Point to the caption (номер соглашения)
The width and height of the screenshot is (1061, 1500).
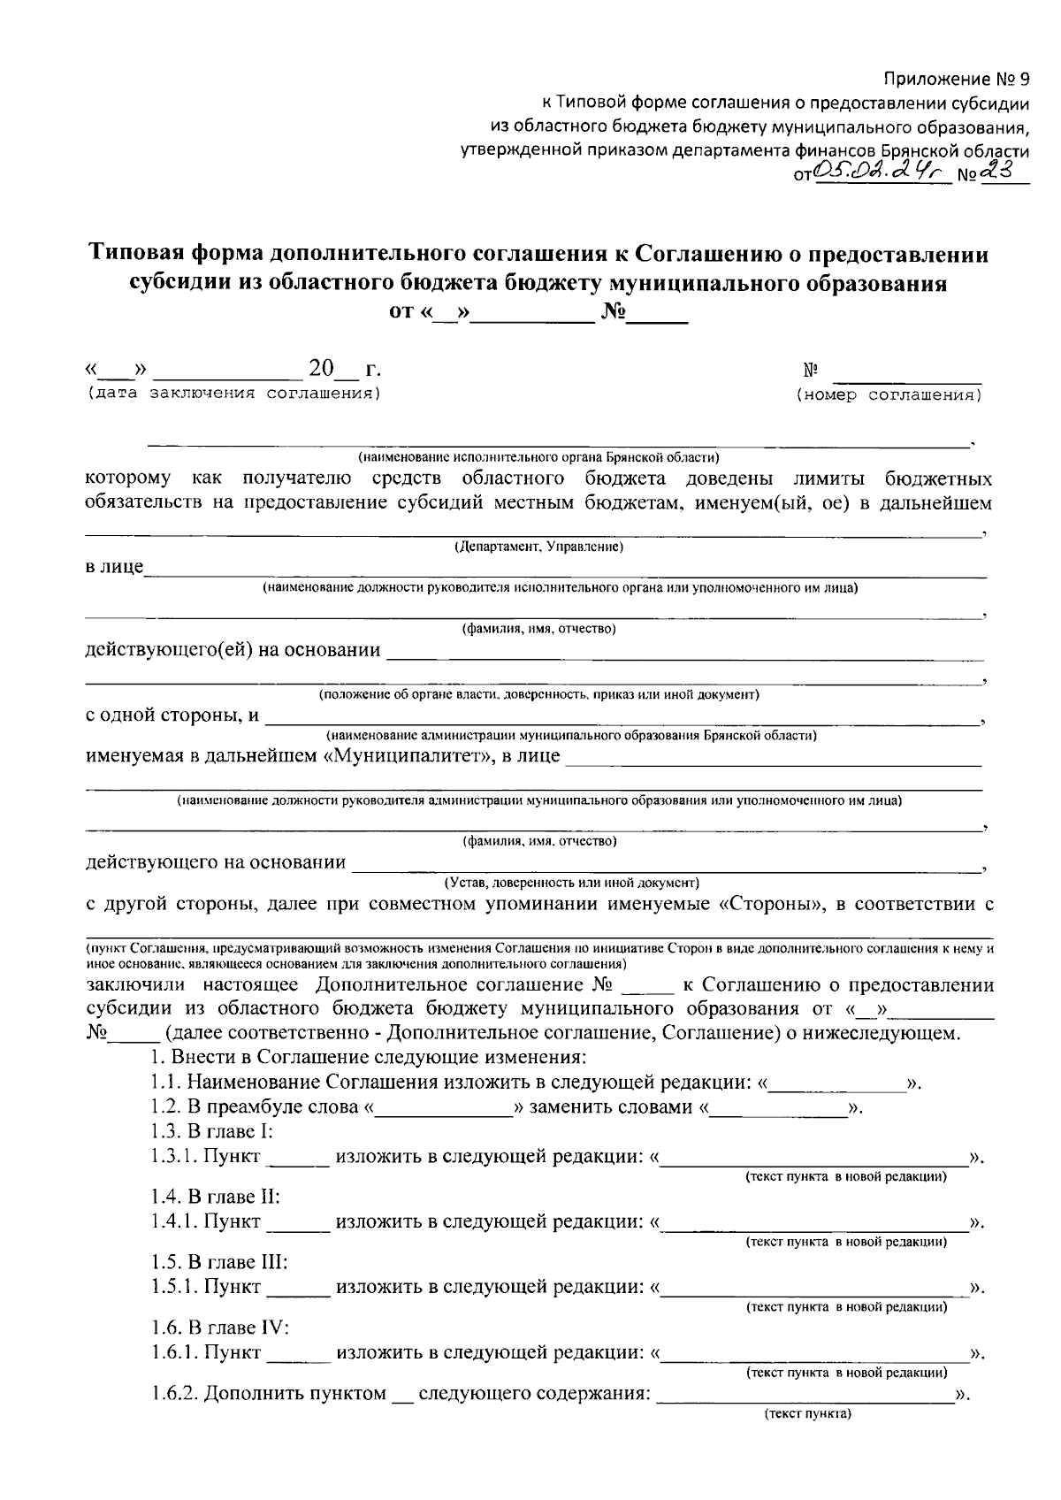[889, 395]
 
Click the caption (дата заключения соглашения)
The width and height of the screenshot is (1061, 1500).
[233, 393]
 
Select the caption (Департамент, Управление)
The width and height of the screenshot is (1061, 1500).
[538, 547]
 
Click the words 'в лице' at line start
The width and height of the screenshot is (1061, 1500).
[114, 567]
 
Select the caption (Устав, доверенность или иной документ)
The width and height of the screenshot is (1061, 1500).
[571, 883]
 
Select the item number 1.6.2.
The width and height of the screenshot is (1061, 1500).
[174, 1395]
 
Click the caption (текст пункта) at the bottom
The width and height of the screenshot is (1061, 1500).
[807, 1414]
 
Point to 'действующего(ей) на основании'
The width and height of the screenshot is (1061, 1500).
[233, 651]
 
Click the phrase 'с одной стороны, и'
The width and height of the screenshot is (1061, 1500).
[172, 716]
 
